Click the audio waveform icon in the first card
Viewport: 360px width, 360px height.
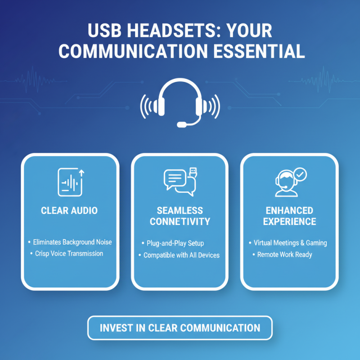71,182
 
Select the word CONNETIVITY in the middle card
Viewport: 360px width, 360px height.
180,221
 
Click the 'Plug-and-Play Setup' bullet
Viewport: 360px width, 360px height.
175,243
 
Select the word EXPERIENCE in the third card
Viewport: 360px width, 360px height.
290,221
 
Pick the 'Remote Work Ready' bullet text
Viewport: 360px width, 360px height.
284,255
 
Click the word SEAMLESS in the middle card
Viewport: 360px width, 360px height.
180,211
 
